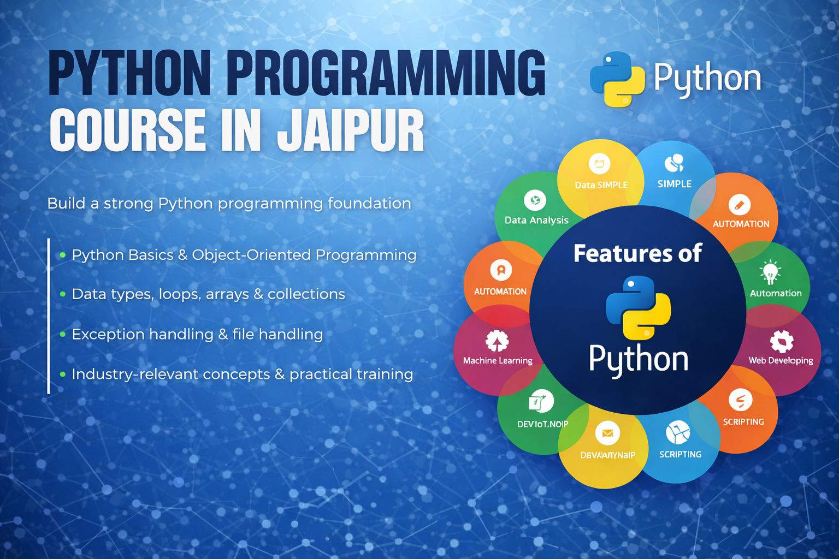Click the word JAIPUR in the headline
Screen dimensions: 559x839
point(350,130)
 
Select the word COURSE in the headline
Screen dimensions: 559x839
point(127,130)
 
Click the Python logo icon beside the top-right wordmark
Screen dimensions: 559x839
point(617,79)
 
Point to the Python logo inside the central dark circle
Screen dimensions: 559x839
point(638,307)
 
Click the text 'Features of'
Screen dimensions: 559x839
point(637,254)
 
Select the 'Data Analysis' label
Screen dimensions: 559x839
point(536,220)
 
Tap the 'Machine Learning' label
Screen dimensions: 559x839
point(498,360)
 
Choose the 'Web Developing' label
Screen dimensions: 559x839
point(781,360)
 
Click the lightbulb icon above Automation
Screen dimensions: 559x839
point(770,272)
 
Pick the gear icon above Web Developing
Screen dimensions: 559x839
point(782,342)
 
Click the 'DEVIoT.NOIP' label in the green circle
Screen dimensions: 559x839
point(542,424)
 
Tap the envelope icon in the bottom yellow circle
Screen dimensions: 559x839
point(607,433)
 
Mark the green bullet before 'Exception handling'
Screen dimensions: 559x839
point(63,334)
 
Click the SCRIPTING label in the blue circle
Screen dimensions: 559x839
point(680,454)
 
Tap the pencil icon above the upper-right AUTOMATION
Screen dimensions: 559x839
point(740,205)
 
